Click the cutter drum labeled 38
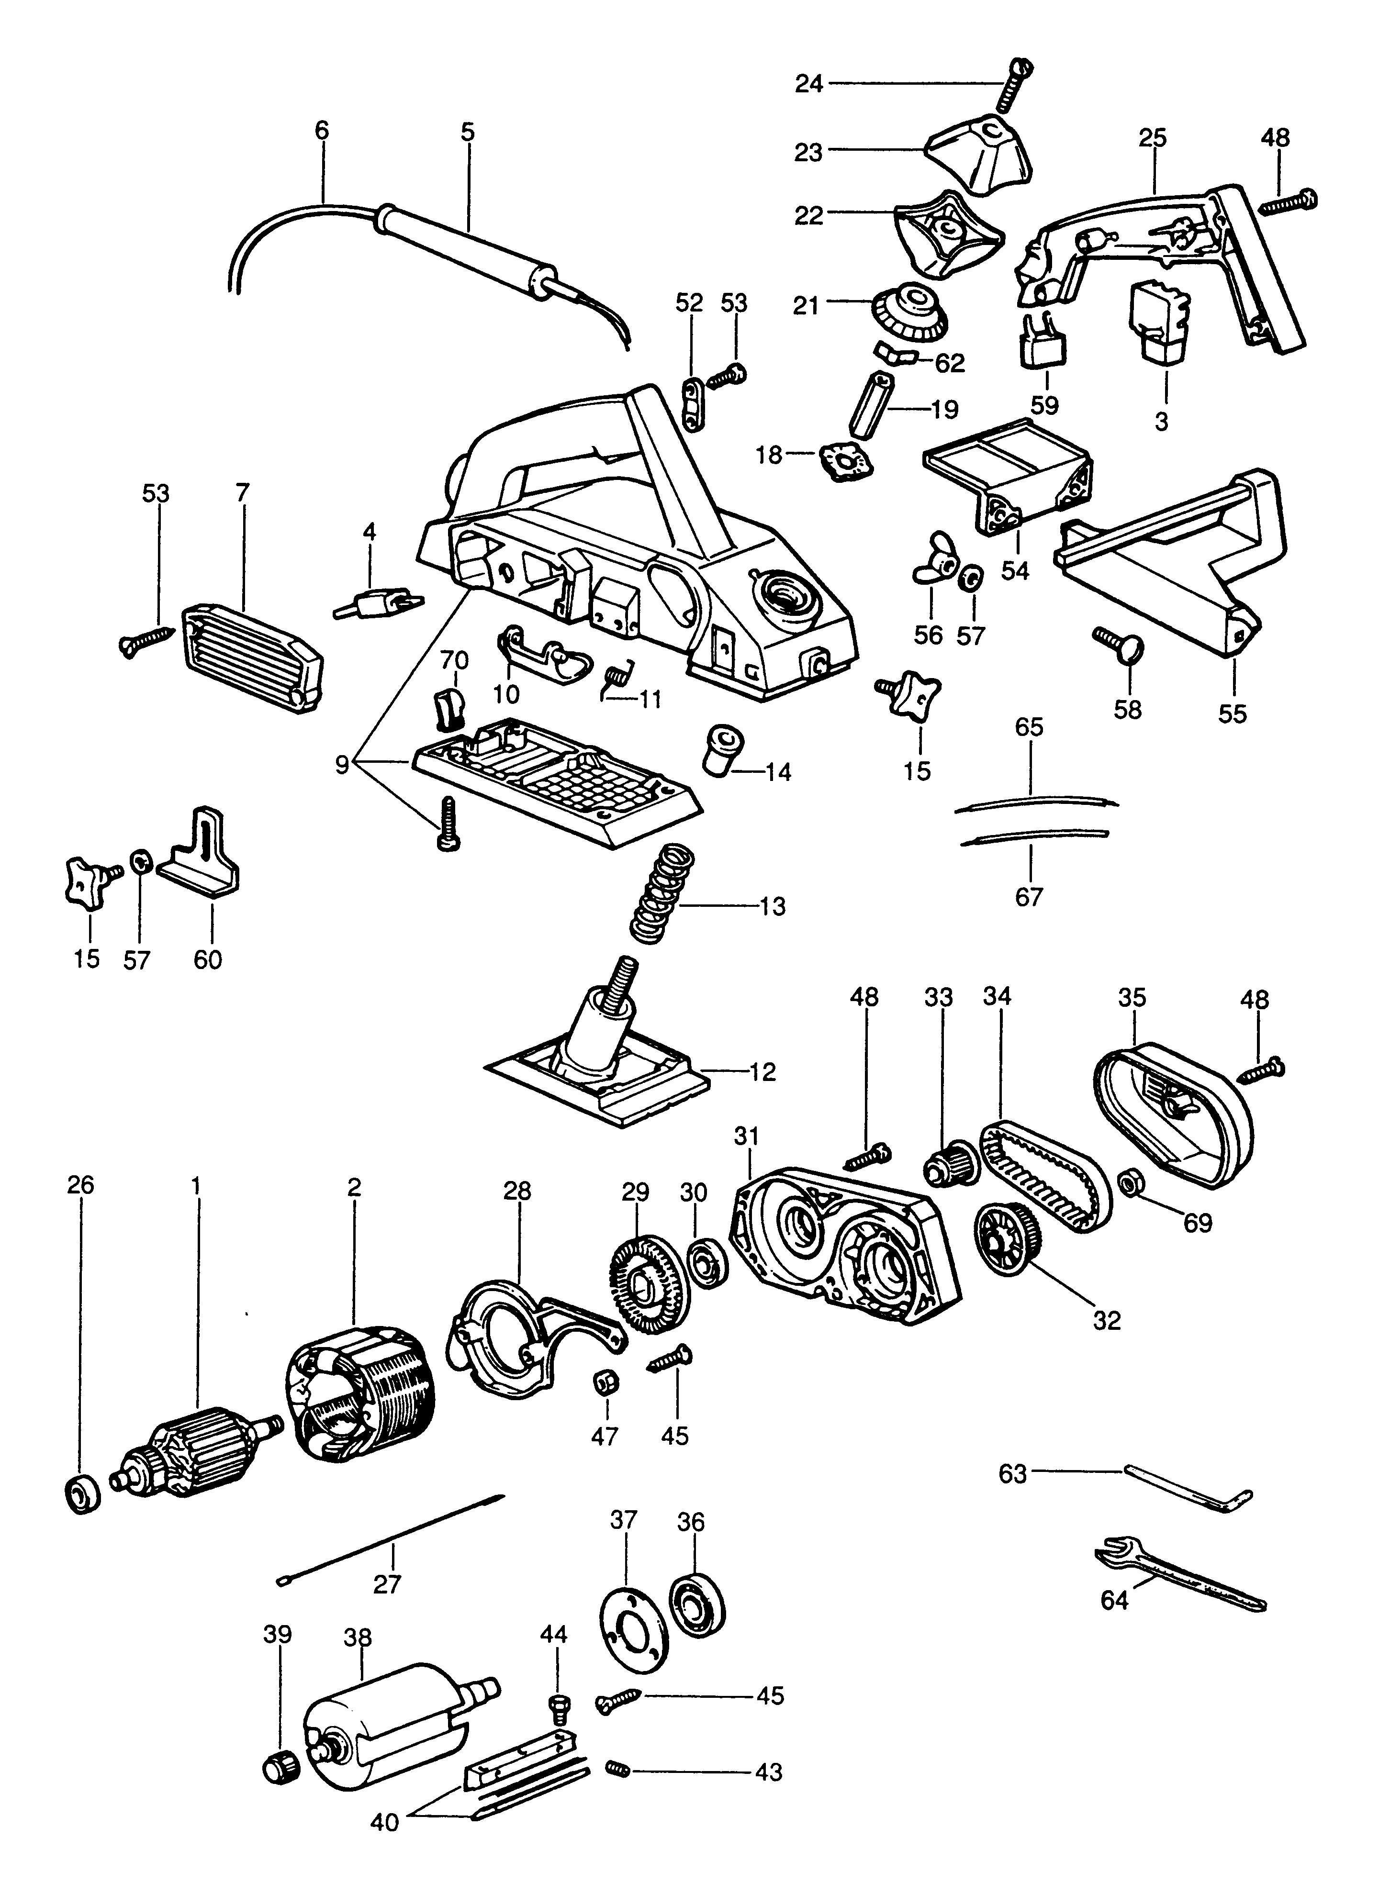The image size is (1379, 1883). [384, 1727]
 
